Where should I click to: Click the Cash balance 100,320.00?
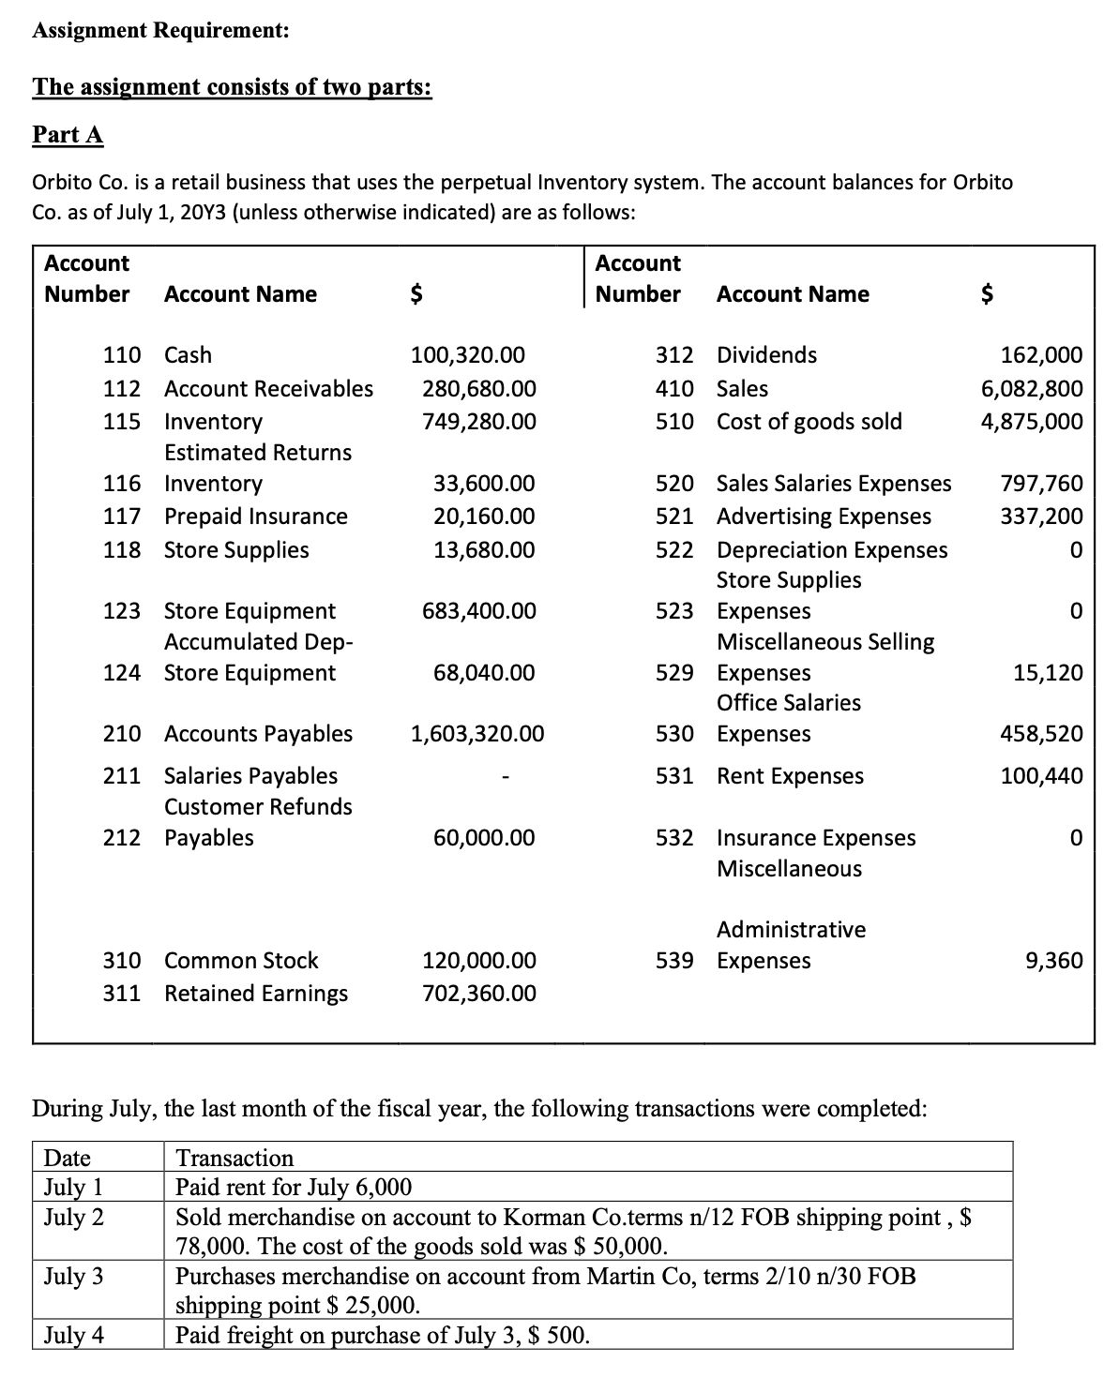point(468,355)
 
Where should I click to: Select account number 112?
point(122,388)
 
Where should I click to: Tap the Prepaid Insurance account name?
point(255,516)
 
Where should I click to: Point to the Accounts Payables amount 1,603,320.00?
point(476,734)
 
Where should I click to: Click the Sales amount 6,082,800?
point(1031,388)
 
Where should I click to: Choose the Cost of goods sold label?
point(809,422)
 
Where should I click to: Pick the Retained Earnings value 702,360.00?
point(479,994)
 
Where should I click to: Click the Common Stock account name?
point(241,961)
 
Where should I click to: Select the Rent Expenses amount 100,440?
point(1041,776)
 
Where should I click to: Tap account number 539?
point(674,961)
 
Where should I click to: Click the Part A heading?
point(68,135)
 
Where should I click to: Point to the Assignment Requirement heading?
point(160,30)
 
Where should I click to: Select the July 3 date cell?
point(74,1277)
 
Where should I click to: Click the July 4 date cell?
point(74,1335)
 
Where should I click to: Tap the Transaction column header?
point(234,1158)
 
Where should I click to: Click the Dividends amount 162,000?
point(1041,355)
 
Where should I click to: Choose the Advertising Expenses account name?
point(824,516)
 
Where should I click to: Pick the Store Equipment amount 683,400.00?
point(479,612)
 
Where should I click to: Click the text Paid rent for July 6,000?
point(294,1188)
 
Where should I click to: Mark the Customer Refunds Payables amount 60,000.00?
point(484,838)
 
